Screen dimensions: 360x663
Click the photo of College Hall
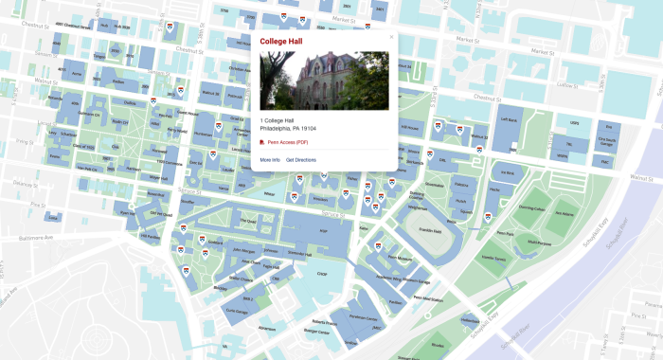[x=325, y=81]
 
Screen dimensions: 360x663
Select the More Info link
[x=270, y=160]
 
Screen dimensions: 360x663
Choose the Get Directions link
[x=301, y=160]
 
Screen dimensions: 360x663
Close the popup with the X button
[x=391, y=37]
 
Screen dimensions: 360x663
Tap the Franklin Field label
[x=431, y=230]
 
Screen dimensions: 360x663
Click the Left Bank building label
[x=508, y=120]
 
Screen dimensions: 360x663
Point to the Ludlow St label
[x=566, y=83]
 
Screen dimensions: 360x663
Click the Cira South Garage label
[x=606, y=141]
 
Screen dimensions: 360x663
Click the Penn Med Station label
[x=427, y=297]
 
